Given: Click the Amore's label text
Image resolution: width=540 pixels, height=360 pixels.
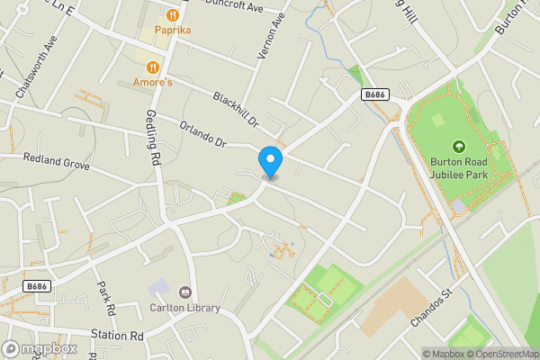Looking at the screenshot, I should click(x=154, y=82).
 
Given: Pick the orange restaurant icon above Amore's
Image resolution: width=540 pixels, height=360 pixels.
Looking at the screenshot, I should click(x=154, y=67).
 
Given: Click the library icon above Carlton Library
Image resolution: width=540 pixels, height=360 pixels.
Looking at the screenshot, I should click(x=185, y=292).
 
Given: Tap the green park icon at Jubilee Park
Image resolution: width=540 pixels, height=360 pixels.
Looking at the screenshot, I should click(x=458, y=147).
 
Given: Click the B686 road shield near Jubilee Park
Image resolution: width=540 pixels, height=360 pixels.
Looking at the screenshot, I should click(x=375, y=94).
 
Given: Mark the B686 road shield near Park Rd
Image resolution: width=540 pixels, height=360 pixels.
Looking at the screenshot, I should click(x=36, y=286).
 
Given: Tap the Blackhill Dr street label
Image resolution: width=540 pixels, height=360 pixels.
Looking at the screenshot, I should click(x=236, y=108).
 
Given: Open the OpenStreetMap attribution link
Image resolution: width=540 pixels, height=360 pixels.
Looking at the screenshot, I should click(x=506, y=354).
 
